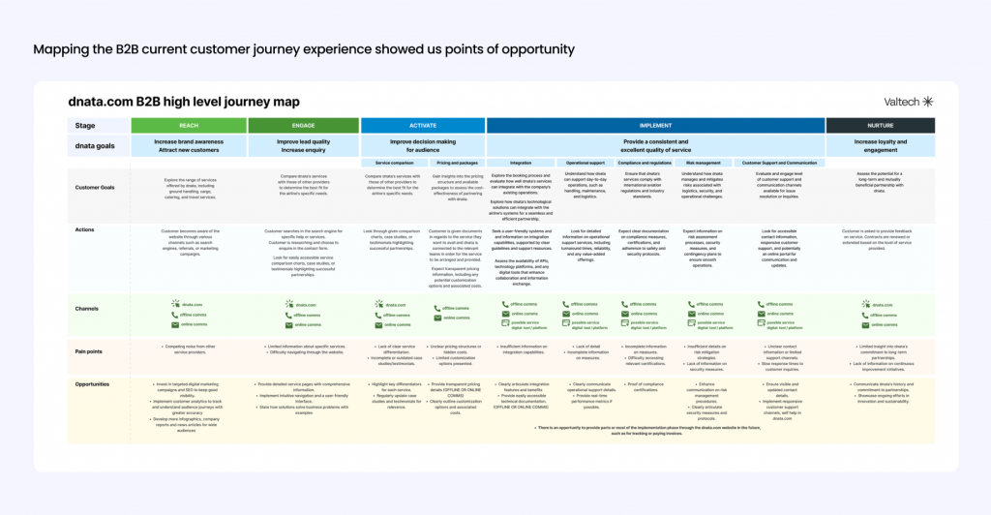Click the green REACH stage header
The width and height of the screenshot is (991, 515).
click(x=189, y=125)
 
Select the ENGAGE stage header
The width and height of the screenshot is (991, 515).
click(x=304, y=125)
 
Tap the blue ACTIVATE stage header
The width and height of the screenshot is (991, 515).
click(x=423, y=125)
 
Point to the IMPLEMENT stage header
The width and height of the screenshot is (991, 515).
click(x=655, y=125)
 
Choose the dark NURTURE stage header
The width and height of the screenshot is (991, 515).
click(x=880, y=125)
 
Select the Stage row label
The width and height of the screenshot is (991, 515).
click(x=86, y=125)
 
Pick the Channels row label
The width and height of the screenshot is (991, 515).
click(x=88, y=308)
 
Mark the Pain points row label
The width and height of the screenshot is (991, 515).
click(x=91, y=349)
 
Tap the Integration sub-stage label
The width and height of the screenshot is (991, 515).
click(x=521, y=163)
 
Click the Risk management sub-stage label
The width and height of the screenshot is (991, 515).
click(x=704, y=163)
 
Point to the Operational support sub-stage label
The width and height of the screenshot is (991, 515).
click(x=585, y=163)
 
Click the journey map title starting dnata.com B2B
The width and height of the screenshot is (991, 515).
click(x=184, y=102)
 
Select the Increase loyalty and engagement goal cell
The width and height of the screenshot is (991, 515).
click(x=880, y=145)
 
